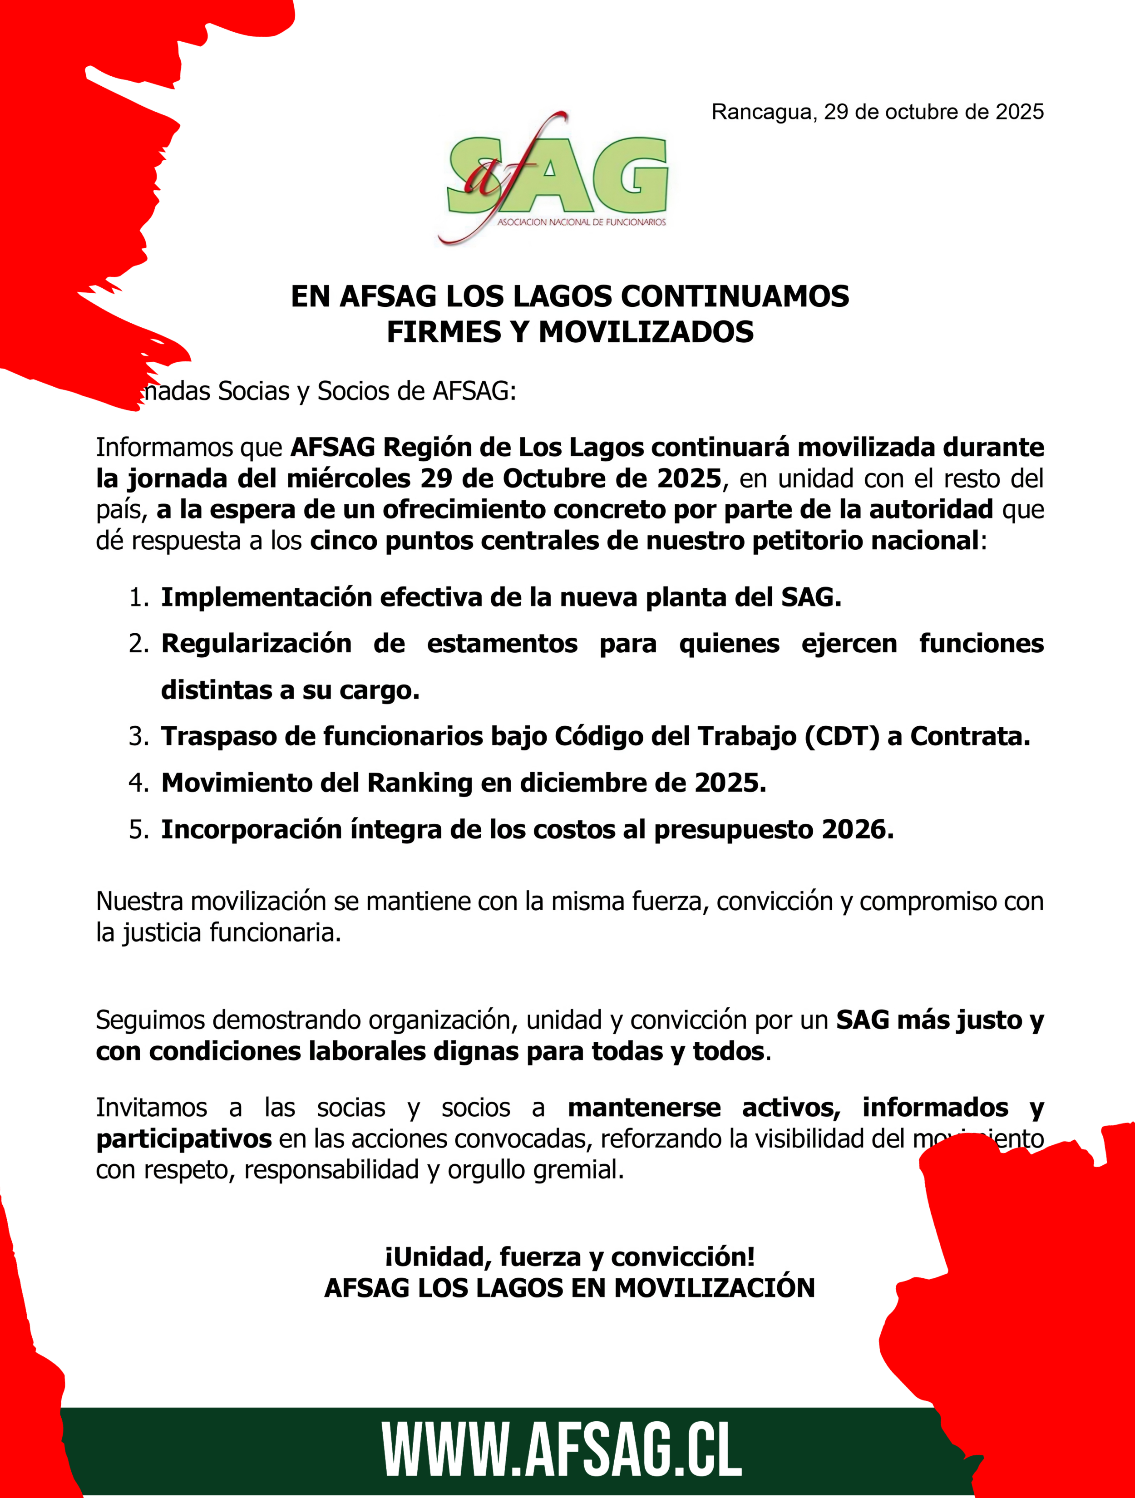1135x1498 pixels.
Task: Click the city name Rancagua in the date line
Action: (760, 112)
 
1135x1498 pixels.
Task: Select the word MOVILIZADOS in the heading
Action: (646, 332)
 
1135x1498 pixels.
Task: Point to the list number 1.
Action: (138, 598)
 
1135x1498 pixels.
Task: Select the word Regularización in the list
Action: (256, 643)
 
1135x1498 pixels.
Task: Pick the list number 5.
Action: (138, 830)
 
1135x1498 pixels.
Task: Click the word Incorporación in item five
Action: (251, 830)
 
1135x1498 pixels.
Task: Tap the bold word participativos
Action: (183, 1138)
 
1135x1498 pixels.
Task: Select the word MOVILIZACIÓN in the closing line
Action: (715, 1287)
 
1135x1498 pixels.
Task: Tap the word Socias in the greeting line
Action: (253, 391)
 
